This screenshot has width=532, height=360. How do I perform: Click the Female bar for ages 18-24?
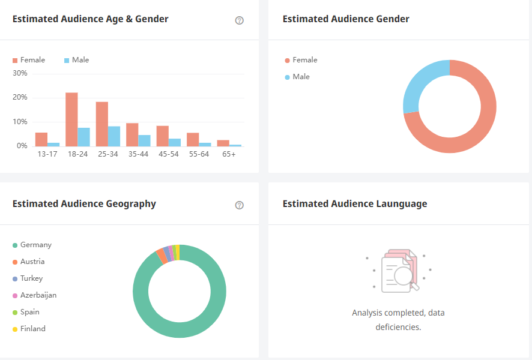pos(71,119)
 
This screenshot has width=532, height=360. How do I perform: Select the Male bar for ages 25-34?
pos(114,136)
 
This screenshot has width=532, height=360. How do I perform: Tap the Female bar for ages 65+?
pos(223,143)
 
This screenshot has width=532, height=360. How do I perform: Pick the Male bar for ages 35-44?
pos(144,140)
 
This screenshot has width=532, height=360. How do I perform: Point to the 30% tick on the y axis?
pos(20,73)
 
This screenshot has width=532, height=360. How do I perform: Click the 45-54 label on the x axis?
pos(168,154)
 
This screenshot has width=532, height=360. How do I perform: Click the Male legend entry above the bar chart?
pos(76,60)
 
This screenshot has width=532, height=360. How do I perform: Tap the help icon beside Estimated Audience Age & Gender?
pos(240,20)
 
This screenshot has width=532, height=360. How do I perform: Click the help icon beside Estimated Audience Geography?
pos(240,205)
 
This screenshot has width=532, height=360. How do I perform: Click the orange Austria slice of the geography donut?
pos(161,255)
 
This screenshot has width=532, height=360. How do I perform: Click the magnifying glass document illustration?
pos(399,271)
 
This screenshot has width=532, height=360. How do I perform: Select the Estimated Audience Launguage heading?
pos(355,204)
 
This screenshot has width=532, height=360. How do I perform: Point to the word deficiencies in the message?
pos(397,327)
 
